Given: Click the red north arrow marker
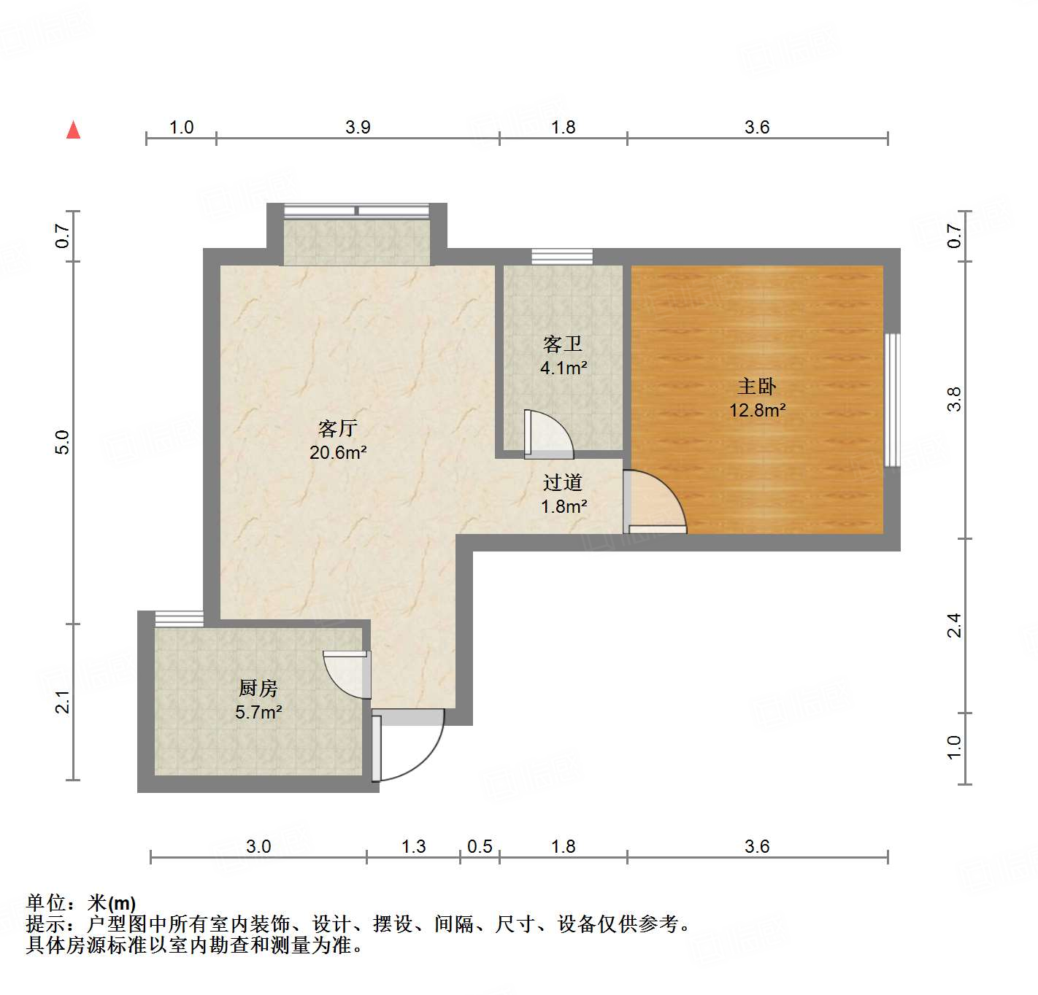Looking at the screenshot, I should [x=73, y=130].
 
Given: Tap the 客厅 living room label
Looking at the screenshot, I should [x=337, y=428].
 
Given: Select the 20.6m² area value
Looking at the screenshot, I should [x=337, y=452].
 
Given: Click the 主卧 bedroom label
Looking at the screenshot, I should [x=756, y=386].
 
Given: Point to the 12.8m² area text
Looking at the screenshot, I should [x=757, y=410].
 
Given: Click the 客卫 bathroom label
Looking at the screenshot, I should [x=562, y=344].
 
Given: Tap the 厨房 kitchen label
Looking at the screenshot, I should [x=258, y=688].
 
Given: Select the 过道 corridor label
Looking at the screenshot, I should [x=562, y=482].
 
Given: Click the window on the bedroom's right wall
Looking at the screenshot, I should [x=891, y=400].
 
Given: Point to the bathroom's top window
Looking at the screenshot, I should [x=561, y=256].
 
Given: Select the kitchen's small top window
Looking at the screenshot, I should [x=179, y=619].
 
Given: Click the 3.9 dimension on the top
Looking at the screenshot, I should [x=358, y=128].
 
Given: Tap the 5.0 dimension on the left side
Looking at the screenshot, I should [x=63, y=442].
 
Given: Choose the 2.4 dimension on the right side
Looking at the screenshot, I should [x=954, y=626].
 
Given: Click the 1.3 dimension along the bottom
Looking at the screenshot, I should [x=413, y=846].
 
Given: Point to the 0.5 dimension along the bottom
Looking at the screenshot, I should [x=480, y=846].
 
